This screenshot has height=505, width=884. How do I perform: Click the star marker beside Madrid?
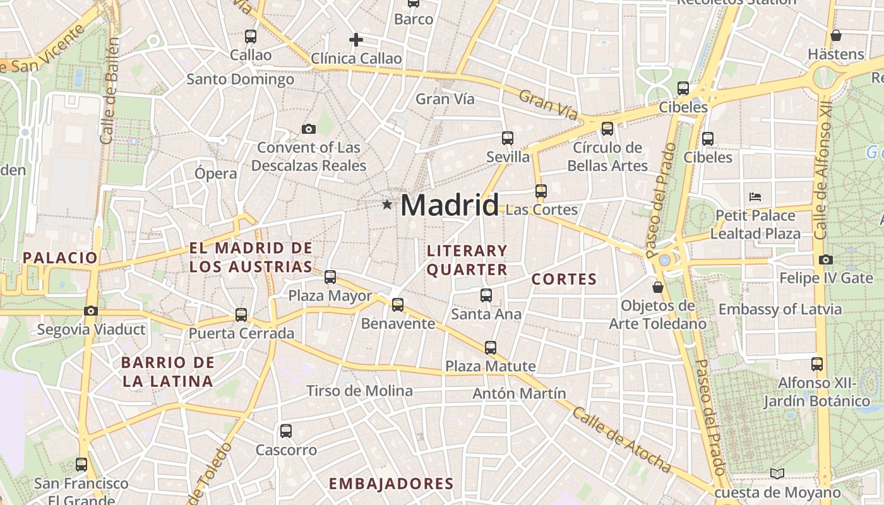click(x=386, y=205)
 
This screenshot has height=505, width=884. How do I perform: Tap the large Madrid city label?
click(x=449, y=205)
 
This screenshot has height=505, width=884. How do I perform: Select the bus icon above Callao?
click(x=251, y=37)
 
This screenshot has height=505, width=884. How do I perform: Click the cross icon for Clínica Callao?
click(x=356, y=40)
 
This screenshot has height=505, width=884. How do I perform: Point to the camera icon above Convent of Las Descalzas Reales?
click(x=308, y=129)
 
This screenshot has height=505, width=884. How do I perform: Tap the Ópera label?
click(x=216, y=174)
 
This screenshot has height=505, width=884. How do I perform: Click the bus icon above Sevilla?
click(x=508, y=138)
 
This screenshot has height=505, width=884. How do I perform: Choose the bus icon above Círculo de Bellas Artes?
click(x=607, y=129)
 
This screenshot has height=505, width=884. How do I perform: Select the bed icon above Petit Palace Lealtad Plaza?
click(x=755, y=197)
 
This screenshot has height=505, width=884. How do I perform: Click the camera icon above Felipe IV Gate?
click(x=825, y=259)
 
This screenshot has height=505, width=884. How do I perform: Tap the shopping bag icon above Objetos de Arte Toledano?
click(x=658, y=287)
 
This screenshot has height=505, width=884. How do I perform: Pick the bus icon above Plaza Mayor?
click(x=330, y=276)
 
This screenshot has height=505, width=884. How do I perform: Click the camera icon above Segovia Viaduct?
click(x=91, y=311)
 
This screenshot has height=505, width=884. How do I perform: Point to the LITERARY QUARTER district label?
click(x=467, y=260)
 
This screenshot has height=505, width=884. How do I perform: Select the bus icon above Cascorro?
click(x=286, y=431)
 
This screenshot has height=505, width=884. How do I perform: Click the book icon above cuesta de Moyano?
click(x=777, y=473)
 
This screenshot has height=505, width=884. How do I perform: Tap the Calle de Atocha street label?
click(x=621, y=441)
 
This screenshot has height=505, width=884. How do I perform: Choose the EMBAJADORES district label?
click(x=391, y=484)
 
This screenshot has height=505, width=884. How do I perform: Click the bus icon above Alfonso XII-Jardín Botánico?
click(x=817, y=364)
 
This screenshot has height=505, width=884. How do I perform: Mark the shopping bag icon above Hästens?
click(x=836, y=35)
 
